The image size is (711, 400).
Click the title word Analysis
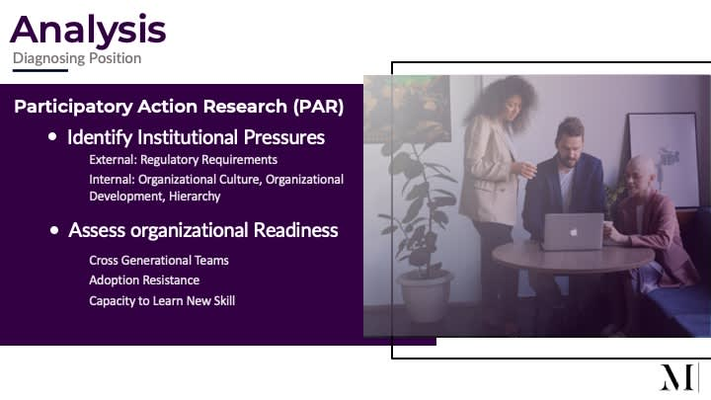(x=88, y=31)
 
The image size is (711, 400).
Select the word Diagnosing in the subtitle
(x=49, y=58)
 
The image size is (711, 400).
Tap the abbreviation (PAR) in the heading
(x=318, y=107)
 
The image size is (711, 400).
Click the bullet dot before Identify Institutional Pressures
(x=52, y=136)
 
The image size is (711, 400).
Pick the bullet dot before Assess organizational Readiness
(x=54, y=230)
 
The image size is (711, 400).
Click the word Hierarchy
(x=195, y=197)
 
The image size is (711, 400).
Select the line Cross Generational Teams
(x=159, y=261)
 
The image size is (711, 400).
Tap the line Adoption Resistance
(x=144, y=280)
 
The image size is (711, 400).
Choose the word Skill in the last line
(x=224, y=300)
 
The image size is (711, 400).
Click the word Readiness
(x=295, y=230)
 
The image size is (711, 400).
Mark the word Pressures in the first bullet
(x=283, y=137)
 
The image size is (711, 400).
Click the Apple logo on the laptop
(x=574, y=232)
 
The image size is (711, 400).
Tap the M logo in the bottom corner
(x=676, y=377)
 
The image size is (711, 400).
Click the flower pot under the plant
(x=425, y=296)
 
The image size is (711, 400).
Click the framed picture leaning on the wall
(x=664, y=160)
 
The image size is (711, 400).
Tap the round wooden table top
(x=573, y=257)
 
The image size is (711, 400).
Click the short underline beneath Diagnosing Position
(x=40, y=70)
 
